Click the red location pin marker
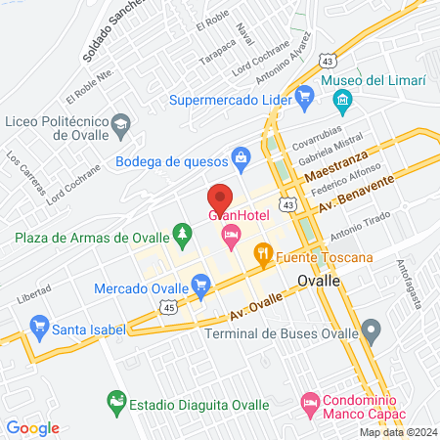coord(219,197)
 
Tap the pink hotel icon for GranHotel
coord(232,234)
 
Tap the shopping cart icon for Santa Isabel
coord(39,323)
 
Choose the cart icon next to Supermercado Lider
coord(304,95)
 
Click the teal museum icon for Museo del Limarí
coord(342,99)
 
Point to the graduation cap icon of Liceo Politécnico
coord(120,124)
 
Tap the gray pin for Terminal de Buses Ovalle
coord(370,329)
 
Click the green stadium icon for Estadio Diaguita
coord(116,400)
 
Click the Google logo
coord(33,427)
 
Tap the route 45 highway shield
coord(169,307)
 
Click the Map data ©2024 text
coord(398,432)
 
